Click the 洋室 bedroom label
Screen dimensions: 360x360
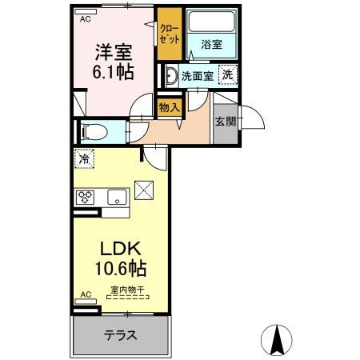[114, 52]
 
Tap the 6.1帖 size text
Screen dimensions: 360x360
[113, 71]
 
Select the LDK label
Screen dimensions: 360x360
[120, 249]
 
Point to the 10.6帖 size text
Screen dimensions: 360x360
[121, 268]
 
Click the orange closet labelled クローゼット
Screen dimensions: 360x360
[170, 34]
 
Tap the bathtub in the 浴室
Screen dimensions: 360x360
[211, 21]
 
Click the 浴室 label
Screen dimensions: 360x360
[211, 44]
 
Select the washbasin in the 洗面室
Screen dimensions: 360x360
[170, 76]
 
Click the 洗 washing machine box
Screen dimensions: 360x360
[228, 75]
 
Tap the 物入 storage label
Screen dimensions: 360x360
[170, 108]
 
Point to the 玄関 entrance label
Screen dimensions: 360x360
[226, 122]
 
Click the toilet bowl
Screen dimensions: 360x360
[94, 132]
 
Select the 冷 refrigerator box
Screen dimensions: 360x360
[84, 158]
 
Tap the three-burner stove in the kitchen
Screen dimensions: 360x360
[85, 198]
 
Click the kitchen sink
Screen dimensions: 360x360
[117, 198]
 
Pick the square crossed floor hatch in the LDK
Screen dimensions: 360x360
[144, 190]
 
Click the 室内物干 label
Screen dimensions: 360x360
[128, 290]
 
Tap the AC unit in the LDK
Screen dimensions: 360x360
[86, 302]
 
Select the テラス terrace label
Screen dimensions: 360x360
[121, 335]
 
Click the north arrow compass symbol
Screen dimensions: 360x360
[277, 340]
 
